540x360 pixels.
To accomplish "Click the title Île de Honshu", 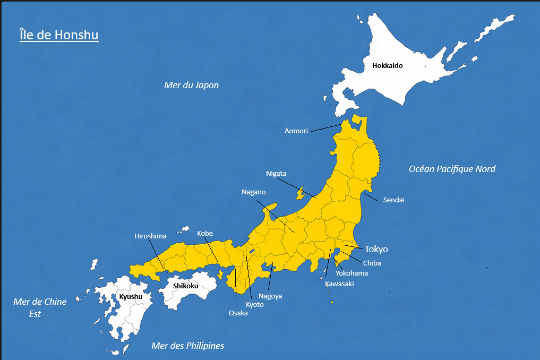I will tap(58, 36).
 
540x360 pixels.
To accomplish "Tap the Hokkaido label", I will tap(387, 66).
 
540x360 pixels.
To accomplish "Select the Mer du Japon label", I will tap(191, 85).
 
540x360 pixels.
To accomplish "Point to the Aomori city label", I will tap(296, 131).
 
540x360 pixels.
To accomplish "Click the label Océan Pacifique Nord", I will tap(452, 169).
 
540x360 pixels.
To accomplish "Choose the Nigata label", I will tap(276, 174).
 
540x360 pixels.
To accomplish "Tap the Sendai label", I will tap(393, 200).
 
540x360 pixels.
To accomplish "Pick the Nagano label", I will tap(253, 192).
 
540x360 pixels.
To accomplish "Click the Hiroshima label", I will tap(150, 236).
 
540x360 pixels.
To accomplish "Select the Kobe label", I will tap(205, 233).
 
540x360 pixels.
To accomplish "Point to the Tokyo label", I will tap(376, 249).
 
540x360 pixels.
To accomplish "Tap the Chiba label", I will tap(372, 263).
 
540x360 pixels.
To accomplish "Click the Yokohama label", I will tap(352, 273).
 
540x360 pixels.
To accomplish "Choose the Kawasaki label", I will tap(339, 284).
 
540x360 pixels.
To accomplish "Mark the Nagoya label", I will tap(270, 296).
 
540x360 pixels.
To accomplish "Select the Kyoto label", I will tap(254, 304).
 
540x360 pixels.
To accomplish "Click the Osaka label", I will tap(238, 313).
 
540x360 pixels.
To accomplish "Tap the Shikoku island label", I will tap(186, 286).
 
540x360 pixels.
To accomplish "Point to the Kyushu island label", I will tap(130, 296).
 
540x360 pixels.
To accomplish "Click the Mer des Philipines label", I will tap(187, 346).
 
